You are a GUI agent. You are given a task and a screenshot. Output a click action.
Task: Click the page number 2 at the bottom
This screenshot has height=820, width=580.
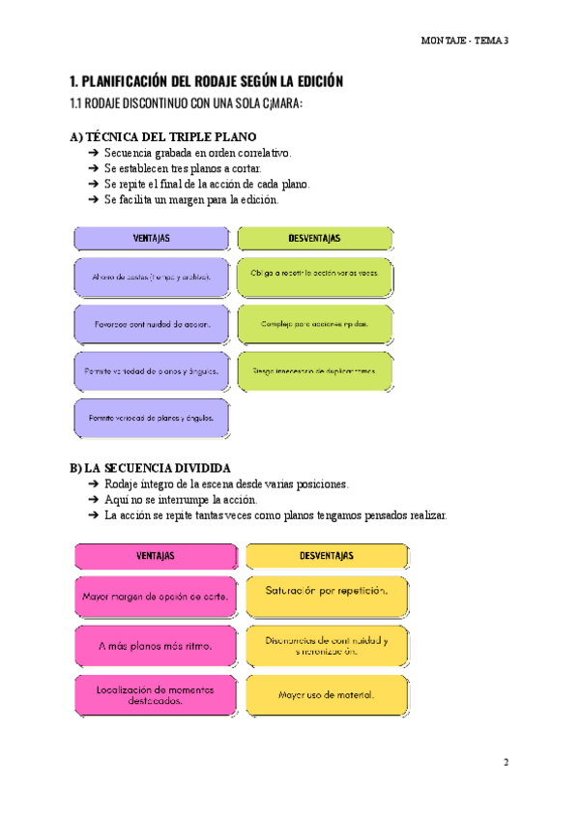coord(505,762)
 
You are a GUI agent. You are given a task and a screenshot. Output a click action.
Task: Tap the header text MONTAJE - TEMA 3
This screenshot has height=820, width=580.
coord(465,40)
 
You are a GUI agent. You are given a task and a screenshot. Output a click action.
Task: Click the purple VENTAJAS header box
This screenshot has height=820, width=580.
coord(153,238)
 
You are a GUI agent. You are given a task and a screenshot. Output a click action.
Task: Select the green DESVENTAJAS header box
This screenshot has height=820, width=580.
coord(315,238)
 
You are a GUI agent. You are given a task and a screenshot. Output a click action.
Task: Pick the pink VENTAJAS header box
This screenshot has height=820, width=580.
coord(155,556)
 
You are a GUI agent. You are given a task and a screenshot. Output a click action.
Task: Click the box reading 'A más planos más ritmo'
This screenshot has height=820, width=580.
coord(155,645)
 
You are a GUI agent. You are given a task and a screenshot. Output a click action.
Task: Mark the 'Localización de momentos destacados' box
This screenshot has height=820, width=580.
coord(155,695)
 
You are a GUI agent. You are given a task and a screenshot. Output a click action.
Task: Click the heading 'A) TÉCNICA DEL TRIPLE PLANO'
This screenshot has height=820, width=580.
coord(163,136)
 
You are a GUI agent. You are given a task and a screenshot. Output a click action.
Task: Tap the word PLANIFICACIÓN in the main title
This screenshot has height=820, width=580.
coord(130,81)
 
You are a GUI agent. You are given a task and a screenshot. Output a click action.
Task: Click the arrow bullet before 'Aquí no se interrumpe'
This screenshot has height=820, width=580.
coord(92,500)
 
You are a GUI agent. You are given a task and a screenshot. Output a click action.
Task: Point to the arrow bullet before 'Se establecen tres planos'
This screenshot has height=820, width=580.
coord(92,168)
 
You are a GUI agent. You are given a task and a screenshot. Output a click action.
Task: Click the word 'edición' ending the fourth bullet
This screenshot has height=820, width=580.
coord(258,200)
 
